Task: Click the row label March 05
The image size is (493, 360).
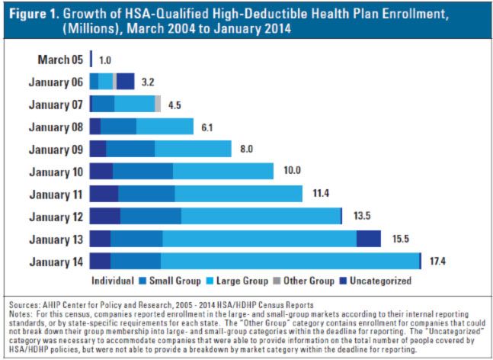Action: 60,59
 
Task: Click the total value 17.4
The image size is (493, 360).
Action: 437,262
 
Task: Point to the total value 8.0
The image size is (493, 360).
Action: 246,149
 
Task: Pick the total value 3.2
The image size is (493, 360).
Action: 149,82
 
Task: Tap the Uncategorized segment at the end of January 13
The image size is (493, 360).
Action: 369,239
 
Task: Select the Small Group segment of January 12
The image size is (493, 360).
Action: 151,216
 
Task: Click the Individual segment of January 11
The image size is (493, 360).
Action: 104,194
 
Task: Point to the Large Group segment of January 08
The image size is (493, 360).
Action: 165,127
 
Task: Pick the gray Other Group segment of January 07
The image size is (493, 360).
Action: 158,104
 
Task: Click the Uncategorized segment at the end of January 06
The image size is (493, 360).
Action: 126,82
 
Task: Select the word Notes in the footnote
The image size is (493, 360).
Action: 20,313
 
